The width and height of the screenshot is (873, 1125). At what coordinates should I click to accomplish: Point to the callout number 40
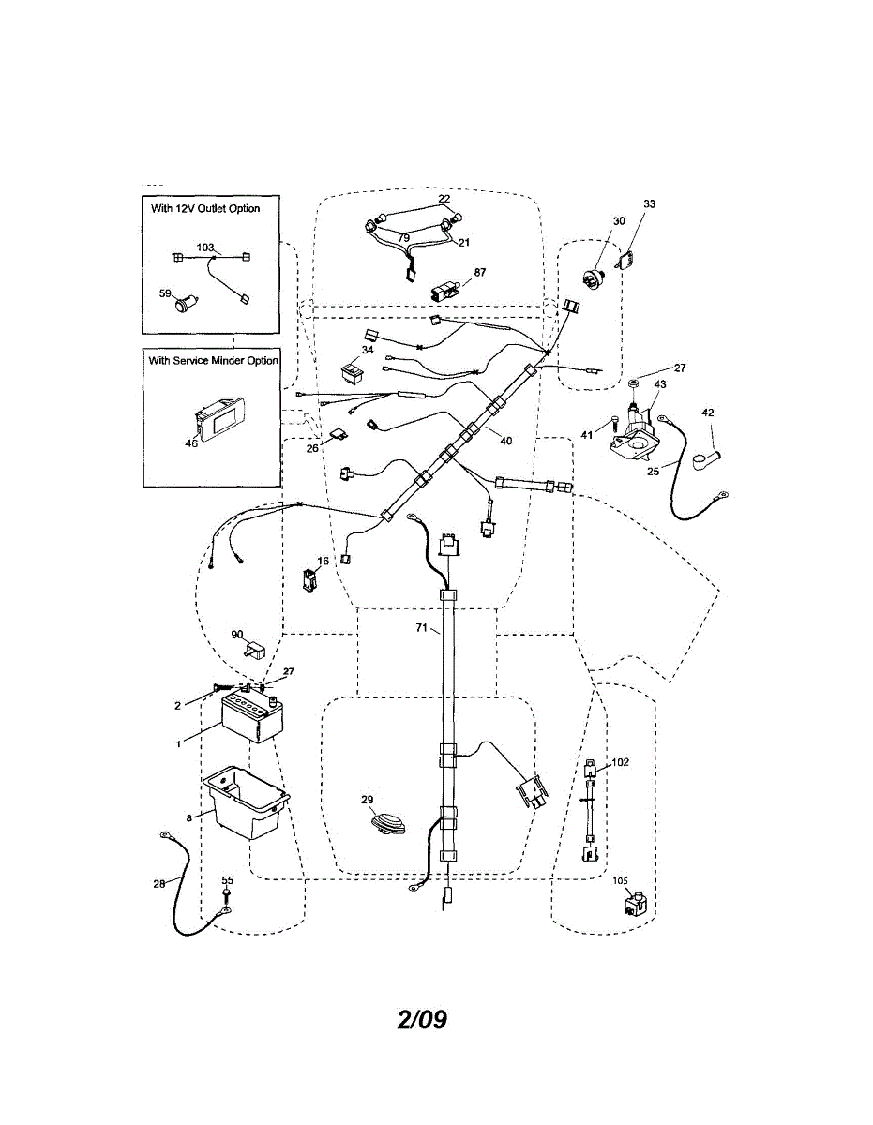(507, 440)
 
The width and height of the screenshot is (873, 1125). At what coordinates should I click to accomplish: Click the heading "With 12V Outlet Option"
(205, 208)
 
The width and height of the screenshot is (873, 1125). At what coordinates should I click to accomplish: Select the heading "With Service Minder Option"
(213, 360)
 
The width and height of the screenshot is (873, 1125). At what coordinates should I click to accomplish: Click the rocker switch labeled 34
(354, 374)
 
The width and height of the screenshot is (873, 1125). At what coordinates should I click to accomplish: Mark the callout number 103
(204, 247)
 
